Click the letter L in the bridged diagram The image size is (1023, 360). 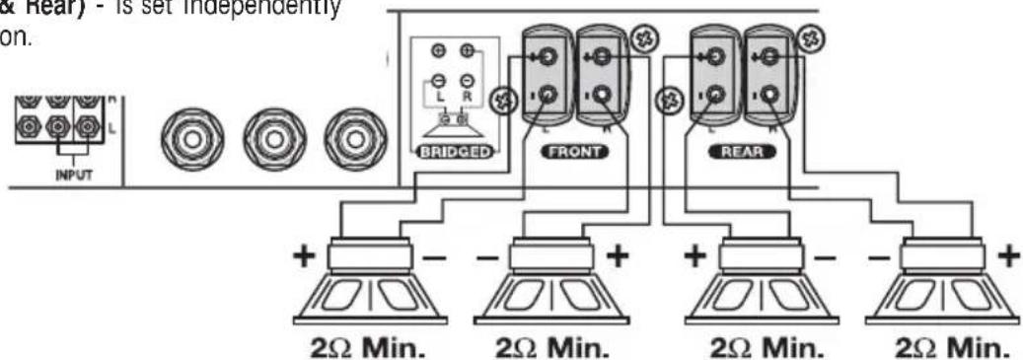439,100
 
